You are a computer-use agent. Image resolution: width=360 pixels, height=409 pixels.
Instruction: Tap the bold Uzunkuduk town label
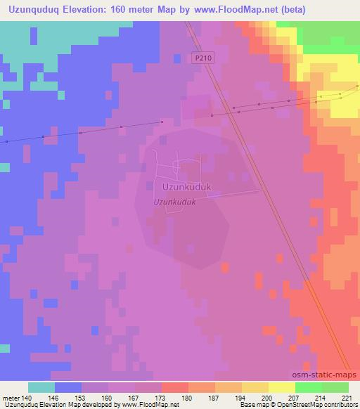point(181,188)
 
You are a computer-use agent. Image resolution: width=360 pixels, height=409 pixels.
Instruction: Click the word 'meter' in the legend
point(12,398)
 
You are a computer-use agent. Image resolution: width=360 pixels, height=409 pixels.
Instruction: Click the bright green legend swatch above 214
point(308,387)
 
